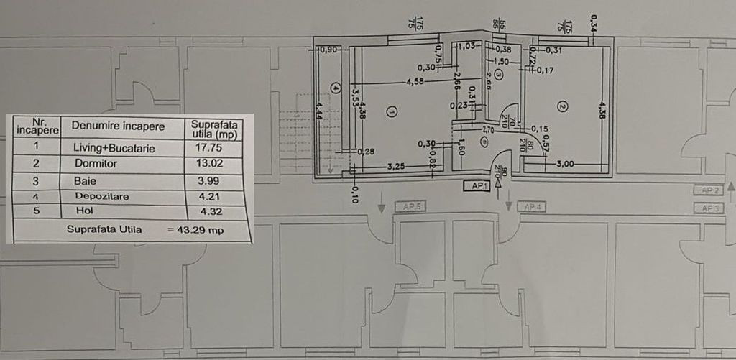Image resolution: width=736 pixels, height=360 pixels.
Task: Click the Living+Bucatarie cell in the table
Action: (114, 148)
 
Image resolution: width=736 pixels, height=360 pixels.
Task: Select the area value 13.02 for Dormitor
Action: (205, 164)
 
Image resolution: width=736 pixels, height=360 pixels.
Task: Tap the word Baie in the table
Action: (84, 180)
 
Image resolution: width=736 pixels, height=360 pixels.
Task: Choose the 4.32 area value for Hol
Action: (201, 212)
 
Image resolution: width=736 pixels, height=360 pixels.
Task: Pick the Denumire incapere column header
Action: (117, 126)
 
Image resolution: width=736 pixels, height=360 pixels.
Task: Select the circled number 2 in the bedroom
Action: (563, 106)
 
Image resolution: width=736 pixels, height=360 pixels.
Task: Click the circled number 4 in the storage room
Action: (335, 88)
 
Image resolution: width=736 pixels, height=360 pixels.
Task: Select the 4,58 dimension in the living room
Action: (414, 81)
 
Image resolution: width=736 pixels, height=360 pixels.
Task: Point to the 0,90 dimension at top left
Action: (328, 50)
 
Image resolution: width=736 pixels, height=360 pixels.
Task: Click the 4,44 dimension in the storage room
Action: (319, 115)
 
